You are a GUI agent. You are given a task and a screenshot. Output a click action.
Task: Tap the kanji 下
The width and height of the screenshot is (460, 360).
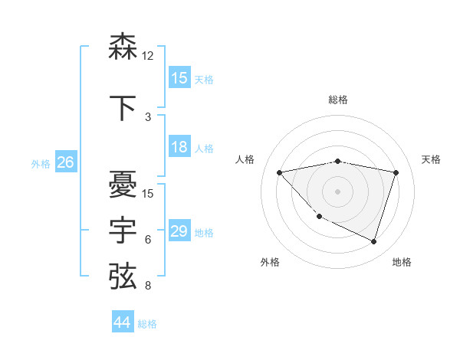click(x=123, y=107)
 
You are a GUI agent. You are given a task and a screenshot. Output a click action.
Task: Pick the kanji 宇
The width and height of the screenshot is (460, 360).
click(x=123, y=229)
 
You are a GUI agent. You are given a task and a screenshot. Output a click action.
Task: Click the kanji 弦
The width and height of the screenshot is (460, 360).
click(x=123, y=275)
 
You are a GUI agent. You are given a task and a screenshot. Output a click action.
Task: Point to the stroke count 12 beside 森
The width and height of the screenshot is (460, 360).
click(x=149, y=56)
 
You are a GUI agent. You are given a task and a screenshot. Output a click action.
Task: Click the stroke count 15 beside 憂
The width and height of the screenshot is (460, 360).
click(x=149, y=193)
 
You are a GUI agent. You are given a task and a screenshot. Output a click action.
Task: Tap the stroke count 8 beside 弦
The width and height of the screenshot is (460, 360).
click(x=147, y=286)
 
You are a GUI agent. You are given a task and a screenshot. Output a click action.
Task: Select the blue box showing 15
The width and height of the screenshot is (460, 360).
click(x=179, y=78)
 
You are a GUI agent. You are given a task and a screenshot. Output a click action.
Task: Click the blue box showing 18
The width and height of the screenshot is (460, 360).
click(x=179, y=147)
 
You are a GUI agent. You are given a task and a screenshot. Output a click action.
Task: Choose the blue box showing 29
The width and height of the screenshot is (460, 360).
click(x=179, y=231)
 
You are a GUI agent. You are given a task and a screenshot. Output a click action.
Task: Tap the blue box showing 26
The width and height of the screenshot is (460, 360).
click(x=66, y=162)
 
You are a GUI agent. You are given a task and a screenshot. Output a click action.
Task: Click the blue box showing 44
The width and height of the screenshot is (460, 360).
click(x=122, y=322)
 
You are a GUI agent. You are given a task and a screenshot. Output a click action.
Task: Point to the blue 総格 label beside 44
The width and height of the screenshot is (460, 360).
click(x=147, y=324)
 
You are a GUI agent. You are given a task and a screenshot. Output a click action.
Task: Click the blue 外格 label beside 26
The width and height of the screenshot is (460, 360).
click(x=41, y=163)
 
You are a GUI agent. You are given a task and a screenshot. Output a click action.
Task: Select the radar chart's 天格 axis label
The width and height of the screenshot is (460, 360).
click(x=431, y=159)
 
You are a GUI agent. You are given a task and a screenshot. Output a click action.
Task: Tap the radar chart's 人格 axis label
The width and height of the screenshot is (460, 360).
click(x=245, y=159)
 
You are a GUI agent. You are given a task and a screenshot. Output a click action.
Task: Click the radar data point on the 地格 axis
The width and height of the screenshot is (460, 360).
click(x=373, y=241)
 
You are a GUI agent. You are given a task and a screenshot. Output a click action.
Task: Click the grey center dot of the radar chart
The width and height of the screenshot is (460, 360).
click(x=337, y=191)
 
